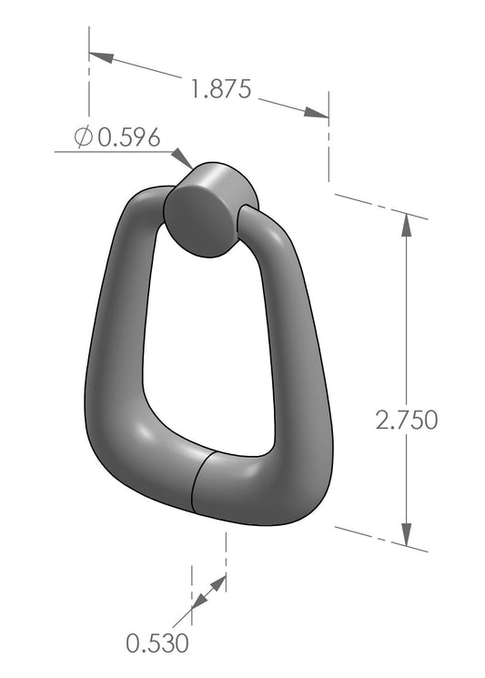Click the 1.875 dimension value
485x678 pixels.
[x=220, y=89]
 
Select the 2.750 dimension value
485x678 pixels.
[x=407, y=420]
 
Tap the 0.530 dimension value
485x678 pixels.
[x=157, y=643]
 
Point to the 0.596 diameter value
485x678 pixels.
[x=129, y=137]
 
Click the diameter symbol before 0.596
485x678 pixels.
[x=83, y=137]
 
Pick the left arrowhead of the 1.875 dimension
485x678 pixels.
[x=101, y=56]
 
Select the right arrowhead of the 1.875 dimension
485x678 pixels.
[x=316, y=113]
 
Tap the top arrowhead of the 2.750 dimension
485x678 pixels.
[x=407, y=225]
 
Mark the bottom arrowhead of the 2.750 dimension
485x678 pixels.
[x=407, y=533]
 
